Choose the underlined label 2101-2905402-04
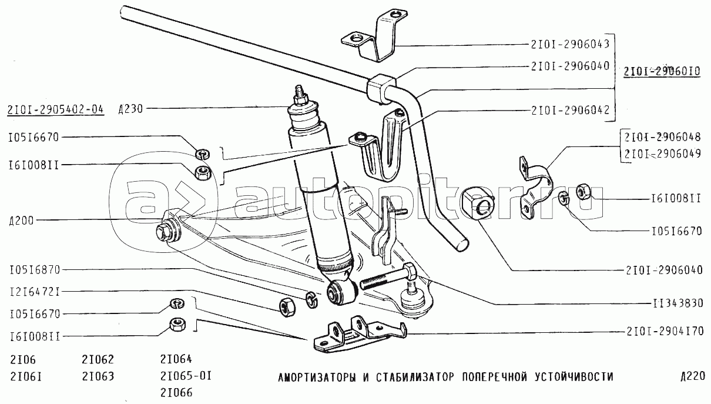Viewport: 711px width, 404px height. [56, 109]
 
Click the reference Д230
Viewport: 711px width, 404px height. [130, 109]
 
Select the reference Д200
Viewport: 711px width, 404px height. [21, 221]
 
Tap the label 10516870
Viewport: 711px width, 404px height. [35, 270]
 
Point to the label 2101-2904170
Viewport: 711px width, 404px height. [664, 331]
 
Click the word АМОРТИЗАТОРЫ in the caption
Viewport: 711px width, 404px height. [316, 376]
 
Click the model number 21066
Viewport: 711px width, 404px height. [176, 392]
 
